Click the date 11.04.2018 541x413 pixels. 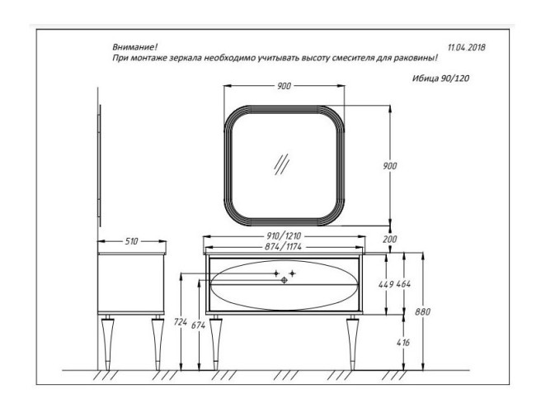coord(467,47)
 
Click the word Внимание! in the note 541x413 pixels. coord(135,46)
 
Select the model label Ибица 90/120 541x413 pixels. coord(441,78)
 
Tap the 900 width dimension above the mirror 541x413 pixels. coord(285,86)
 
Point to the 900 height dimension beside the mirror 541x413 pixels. coord(390,166)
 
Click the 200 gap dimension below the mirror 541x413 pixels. coord(390,240)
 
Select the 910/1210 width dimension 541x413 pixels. coord(284,236)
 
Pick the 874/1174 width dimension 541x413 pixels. coord(284,246)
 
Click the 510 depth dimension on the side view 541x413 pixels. coord(131,241)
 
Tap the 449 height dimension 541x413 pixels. coord(386,284)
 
